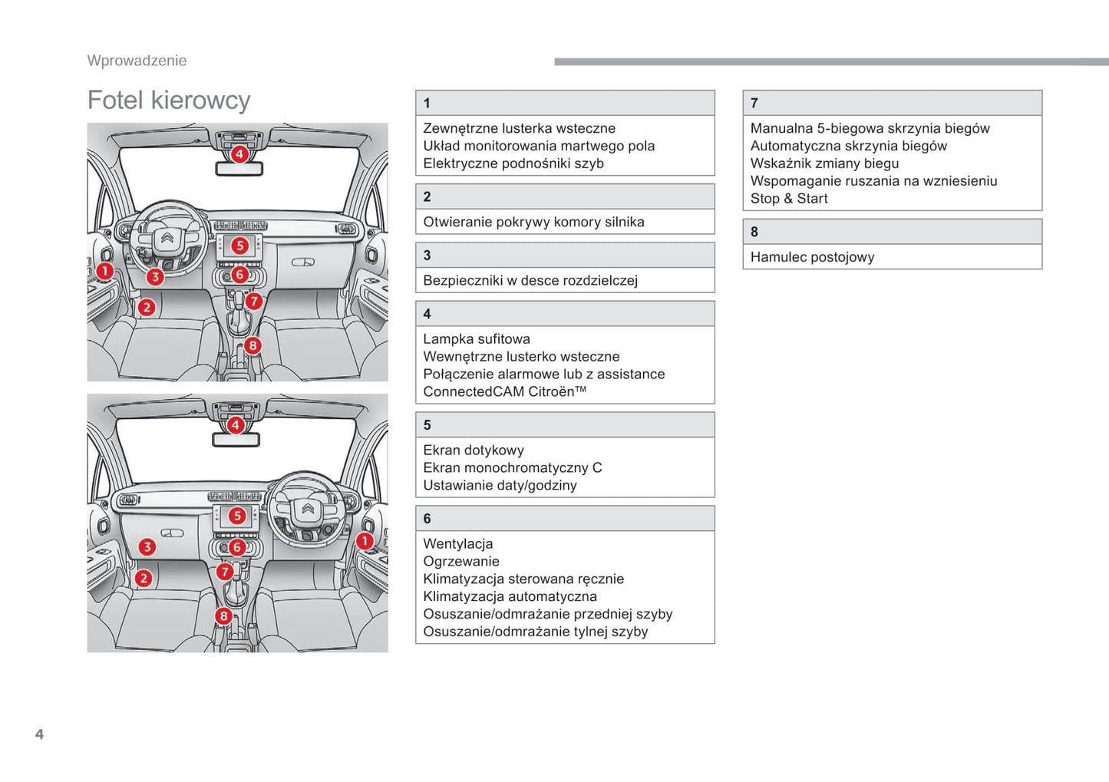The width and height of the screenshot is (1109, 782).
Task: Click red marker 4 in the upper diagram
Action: [239, 154]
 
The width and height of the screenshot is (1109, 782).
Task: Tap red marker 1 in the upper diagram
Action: [105, 271]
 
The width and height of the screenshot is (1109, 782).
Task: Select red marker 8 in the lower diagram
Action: [223, 615]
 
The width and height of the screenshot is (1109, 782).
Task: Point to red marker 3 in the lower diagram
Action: [147, 547]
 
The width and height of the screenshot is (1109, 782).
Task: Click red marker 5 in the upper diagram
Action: [240, 246]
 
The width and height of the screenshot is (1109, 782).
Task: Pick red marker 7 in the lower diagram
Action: [224, 572]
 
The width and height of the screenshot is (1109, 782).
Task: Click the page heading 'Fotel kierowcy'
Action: [169, 101]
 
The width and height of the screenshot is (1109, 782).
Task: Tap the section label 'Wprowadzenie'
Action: [137, 61]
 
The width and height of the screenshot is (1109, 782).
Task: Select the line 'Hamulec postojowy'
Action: [812, 257]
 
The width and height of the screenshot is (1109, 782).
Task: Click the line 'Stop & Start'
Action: [789, 199]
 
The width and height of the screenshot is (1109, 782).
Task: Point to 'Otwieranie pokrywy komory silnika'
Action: [533, 222]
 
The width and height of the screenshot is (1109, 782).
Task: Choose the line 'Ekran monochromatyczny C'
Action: [512, 467]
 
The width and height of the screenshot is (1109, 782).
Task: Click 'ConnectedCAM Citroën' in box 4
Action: [503, 391]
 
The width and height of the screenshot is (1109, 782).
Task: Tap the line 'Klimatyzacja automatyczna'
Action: [510, 596]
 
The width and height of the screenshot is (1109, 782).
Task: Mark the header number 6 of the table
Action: [427, 519]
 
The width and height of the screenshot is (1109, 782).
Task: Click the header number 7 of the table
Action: [754, 103]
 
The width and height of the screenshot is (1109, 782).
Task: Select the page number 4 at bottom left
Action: [39, 734]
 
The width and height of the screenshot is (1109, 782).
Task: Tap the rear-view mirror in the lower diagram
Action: [236, 440]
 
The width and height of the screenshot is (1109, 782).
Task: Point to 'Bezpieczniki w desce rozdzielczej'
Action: [530, 280]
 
